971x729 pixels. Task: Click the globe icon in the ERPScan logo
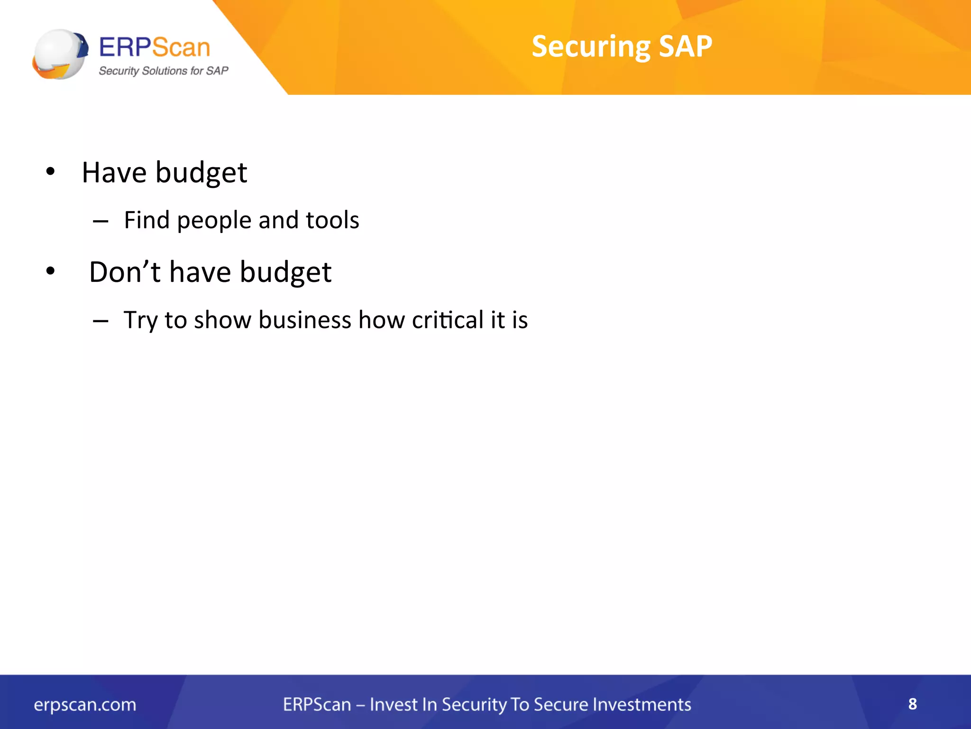click(60, 54)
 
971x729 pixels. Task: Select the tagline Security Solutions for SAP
click(163, 71)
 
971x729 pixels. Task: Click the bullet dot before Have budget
click(50, 172)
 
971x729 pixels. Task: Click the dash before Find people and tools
click(101, 221)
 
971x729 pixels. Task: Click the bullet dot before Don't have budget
click(50, 271)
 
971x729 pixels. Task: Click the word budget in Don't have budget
click(285, 273)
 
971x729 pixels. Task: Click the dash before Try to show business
click(101, 321)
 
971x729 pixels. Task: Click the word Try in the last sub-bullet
click(140, 321)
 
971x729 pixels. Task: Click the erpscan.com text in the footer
click(85, 704)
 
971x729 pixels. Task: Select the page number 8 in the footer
click(912, 704)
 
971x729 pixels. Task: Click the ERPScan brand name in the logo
click(154, 47)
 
